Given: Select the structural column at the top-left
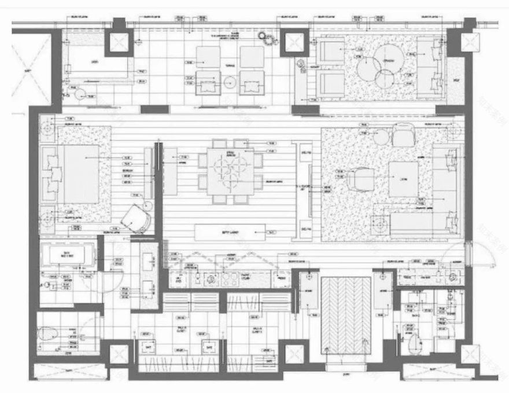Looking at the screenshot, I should (x=119, y=42).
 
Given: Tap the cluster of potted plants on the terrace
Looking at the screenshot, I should (x=267, y=38).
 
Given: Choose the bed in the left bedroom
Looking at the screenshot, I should (x=81, y=174).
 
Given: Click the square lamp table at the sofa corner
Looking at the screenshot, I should (x=381, y=223).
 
